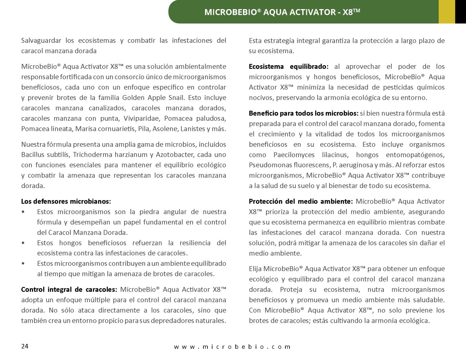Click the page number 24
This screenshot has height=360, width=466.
(x=25, y=346)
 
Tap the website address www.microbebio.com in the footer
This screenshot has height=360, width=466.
(x=232, y=347)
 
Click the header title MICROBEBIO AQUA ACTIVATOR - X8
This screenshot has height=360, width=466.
(x=282, y=12)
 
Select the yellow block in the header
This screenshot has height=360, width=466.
(x=447, y=12)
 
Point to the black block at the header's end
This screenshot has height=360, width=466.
(x=460, y=12)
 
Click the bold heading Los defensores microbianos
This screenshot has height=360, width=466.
(x=66, y=201)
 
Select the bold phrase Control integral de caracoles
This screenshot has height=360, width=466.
(x=69, y=289)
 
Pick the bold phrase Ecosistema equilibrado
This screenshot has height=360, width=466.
(x=289, y=66)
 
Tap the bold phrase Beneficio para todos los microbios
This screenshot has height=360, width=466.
(x=304, y=113)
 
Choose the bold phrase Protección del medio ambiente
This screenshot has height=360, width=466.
(x=301, y=201)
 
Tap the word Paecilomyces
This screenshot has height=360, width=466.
(x=294, y=155)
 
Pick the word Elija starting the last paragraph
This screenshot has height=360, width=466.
(x=255, y=269)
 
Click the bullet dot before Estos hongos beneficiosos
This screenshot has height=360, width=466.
(x=23, y=243)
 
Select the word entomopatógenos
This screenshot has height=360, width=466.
(x=415, y=155)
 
